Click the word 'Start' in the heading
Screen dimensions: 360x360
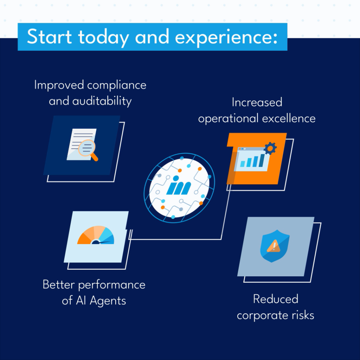coord(49,37)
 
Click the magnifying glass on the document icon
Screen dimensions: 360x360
coord(88,150)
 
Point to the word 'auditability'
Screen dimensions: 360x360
coord(102,101)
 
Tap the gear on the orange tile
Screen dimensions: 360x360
coord(270,149)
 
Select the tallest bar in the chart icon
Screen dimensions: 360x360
coord(262,160)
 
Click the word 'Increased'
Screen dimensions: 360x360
coord(257,102)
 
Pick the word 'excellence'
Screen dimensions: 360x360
coord(289,118)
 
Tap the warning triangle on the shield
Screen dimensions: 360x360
coord(274,246)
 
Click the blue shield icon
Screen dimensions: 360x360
coord(275,246)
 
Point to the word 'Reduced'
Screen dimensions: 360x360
coord(276,299)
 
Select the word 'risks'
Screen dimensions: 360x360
coord(303,315)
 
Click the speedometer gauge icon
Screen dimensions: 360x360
coord(96,235)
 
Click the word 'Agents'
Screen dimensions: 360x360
coord(108,301)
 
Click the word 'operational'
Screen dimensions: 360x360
coord(229,119)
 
